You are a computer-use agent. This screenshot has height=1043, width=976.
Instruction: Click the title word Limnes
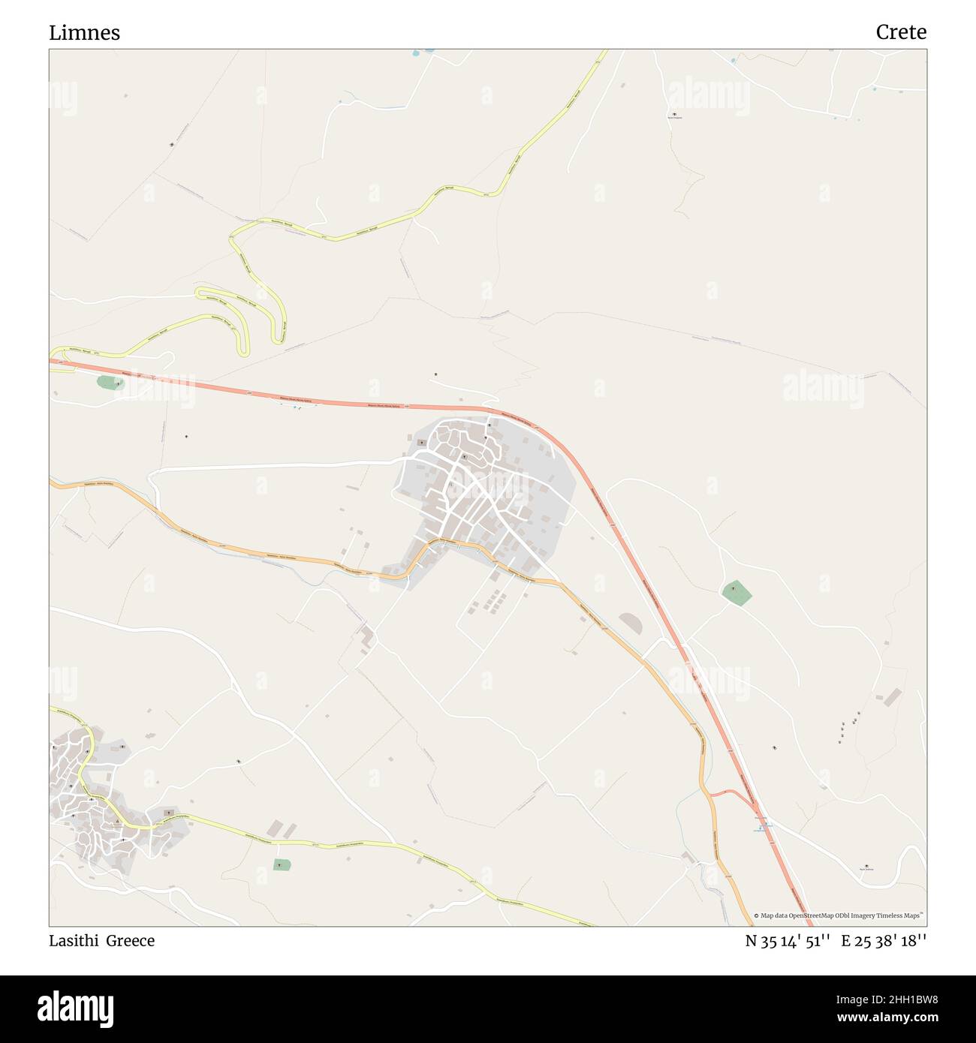coord(84,33)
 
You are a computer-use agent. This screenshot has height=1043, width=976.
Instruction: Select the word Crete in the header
coord(900,32)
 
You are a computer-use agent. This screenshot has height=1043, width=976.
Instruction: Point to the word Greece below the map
coord(130,941)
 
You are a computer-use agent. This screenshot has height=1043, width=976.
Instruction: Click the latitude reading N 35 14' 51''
coord(787,941)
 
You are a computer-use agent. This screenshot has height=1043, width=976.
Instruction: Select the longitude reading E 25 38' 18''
coord(884,941)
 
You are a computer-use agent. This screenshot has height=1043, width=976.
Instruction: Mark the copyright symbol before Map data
coord(757,915)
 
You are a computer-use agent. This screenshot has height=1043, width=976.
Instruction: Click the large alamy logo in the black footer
coord(76,1005)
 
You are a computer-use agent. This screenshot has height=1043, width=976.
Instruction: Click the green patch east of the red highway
coord(737,593)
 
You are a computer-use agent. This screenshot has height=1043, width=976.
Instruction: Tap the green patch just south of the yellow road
coord(282,864)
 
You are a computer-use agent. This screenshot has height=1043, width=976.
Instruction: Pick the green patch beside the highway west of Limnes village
coord(110,383)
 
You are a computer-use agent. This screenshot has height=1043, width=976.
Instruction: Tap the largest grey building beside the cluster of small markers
coord(892,698)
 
